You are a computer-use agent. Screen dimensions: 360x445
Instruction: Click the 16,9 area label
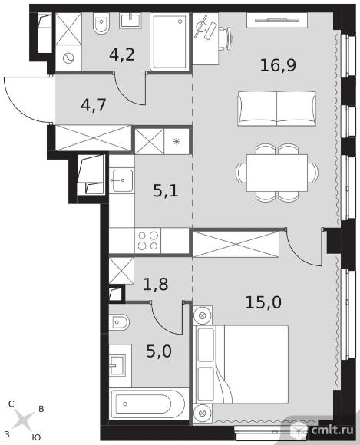point(278,65)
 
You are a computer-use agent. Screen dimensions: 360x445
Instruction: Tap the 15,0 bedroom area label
point(263,302)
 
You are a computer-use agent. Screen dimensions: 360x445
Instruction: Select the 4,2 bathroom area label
point(122,54)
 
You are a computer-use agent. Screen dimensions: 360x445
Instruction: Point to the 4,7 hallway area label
point(94,105)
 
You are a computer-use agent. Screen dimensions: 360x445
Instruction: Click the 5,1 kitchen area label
point(166,191)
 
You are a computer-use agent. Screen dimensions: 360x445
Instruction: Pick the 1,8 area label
point(156,284)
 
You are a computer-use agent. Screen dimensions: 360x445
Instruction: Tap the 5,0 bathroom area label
point(159,351)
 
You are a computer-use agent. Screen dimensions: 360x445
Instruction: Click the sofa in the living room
point(277,108)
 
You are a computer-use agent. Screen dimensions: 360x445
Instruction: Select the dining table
point(277,173)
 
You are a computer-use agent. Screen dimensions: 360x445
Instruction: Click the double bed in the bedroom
point(241,364)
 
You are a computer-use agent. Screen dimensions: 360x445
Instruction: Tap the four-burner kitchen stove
point(148,241)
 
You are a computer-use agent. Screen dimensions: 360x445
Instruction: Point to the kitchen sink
point(122,180)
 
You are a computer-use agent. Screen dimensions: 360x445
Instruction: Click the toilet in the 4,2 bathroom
point(101,24)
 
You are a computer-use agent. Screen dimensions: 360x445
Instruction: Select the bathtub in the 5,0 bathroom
point(148,404)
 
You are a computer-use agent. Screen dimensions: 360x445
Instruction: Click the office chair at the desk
point(225,38)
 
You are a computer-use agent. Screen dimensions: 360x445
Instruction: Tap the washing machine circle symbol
point(68,58)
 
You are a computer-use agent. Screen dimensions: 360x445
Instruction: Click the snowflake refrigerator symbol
point(177,141)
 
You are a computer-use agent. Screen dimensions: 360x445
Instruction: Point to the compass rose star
point(24,420)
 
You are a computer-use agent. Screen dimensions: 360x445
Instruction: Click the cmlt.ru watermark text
point(332,430)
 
